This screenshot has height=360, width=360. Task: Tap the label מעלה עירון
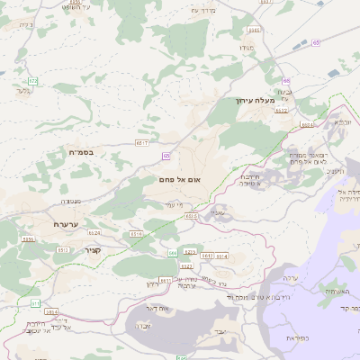coord(257,100)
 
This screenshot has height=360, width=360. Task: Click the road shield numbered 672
coord(33,81)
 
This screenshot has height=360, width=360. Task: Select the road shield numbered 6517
coord(141,142)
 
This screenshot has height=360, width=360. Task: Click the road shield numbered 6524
coord(309,125)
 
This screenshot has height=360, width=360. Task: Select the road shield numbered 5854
coord(28,239)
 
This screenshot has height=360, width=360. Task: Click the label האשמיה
coord(337,292)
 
